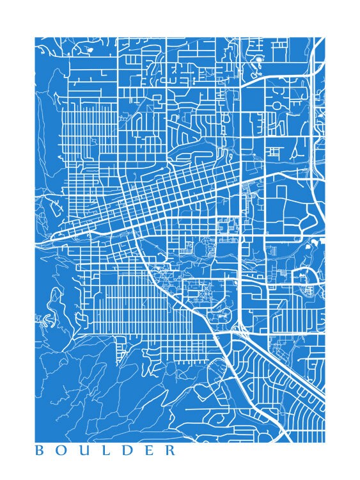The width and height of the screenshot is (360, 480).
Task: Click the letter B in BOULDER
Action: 39,451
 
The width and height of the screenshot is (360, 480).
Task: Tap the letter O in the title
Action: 61,451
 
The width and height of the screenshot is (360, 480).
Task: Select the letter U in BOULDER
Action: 83,451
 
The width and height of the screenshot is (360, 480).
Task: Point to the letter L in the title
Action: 105,451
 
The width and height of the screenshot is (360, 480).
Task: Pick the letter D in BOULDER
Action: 126,451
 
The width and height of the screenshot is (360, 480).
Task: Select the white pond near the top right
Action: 259,63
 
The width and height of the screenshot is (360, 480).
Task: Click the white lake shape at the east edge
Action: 313,245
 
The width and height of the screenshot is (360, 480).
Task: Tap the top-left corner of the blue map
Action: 35,37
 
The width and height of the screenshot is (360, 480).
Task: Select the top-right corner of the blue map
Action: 324,37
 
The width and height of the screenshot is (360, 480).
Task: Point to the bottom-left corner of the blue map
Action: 35,442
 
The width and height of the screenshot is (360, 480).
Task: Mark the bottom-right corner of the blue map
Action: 324,442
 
